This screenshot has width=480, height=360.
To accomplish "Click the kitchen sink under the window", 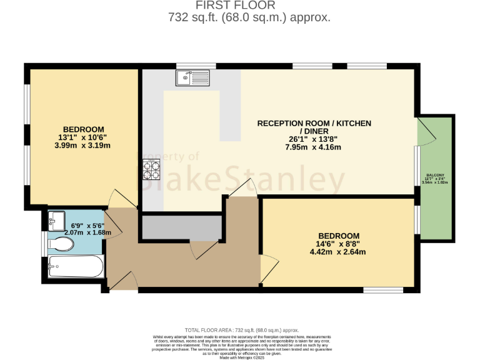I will (x=194, y=77).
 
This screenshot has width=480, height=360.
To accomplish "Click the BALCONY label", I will (x=436, y=176).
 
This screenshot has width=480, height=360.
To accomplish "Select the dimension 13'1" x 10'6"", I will (x=84, y=137).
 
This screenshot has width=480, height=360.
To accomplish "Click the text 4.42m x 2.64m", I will (x=337, y=252).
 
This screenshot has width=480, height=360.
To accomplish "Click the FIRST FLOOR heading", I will (x=249, y=6).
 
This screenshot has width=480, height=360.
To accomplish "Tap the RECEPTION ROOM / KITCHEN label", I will (x=314, y=123).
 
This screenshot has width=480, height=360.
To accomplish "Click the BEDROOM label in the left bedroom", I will (x=84, y=129).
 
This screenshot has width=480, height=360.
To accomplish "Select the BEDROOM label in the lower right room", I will (x=337, y=235).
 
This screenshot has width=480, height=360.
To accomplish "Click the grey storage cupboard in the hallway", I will (x=181, y=227).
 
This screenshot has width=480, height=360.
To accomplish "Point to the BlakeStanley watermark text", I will (x=241, y=180).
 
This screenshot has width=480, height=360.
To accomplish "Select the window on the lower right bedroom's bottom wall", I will (x=383, y=289).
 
